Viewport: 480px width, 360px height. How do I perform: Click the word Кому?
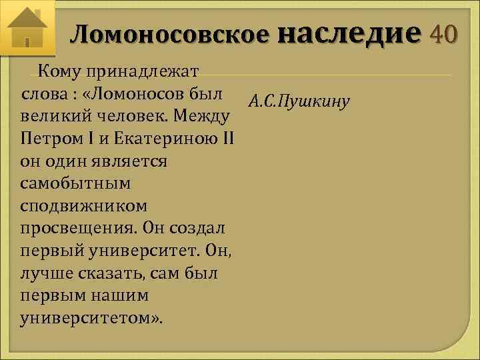[x=59, y=71]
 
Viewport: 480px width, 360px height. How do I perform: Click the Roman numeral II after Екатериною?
[x=227, y=139]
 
